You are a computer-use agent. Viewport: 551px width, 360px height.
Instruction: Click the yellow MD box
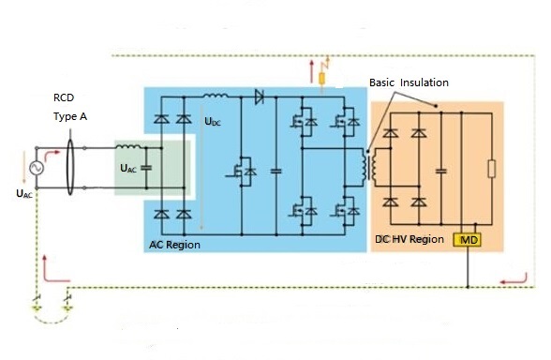467,240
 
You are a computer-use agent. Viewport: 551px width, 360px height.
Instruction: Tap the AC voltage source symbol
37,168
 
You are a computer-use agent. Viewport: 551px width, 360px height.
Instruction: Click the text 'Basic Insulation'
409,82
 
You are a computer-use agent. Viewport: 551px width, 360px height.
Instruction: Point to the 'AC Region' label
174,245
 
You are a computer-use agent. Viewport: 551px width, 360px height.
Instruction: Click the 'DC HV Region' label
410,239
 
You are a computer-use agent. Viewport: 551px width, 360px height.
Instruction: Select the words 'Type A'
70,116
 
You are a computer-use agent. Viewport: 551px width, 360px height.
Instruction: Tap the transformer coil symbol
368,168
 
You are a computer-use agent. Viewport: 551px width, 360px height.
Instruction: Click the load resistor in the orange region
492,169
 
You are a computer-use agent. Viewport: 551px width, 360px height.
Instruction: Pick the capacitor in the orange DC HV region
441,172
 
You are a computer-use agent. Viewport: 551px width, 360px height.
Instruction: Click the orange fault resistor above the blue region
321,79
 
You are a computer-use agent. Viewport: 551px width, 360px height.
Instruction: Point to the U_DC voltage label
213,122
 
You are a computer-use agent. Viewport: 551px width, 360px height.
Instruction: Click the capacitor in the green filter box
146,168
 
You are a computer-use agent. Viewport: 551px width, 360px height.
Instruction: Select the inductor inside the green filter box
128,146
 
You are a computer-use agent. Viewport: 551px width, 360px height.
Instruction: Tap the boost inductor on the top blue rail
216,95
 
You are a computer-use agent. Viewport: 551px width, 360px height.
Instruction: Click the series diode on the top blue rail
260,97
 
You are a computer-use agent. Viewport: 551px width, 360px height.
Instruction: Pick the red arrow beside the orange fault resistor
311,71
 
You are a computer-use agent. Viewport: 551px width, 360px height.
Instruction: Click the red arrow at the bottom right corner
514,279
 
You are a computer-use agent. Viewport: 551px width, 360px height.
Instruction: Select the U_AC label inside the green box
128,169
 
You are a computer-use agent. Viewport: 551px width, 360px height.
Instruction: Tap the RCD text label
64,97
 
